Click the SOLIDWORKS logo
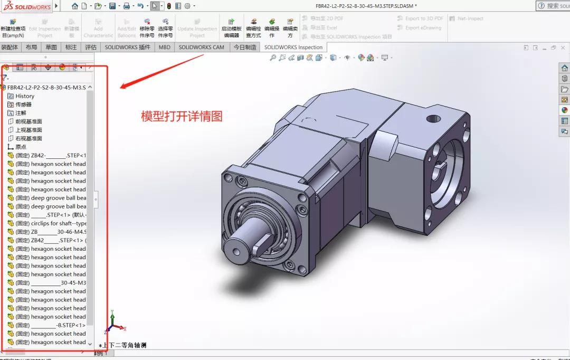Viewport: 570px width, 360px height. point(26,6)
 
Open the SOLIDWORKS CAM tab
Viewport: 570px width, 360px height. point(201,47)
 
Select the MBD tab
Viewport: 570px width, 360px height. point(165,47)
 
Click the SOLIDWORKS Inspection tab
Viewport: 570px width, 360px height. point(293,47)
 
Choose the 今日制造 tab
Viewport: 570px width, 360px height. point(245,47)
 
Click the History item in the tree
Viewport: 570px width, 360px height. point(24,96)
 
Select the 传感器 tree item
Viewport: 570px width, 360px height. point(23,105)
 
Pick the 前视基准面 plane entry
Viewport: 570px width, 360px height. point(28,121)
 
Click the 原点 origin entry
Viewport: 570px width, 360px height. point(21,147)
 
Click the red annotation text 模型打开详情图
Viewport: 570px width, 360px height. point(182,116)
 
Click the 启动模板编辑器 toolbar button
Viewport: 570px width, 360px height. point(231,28)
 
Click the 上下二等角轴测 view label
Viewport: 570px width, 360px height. point(124,345)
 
